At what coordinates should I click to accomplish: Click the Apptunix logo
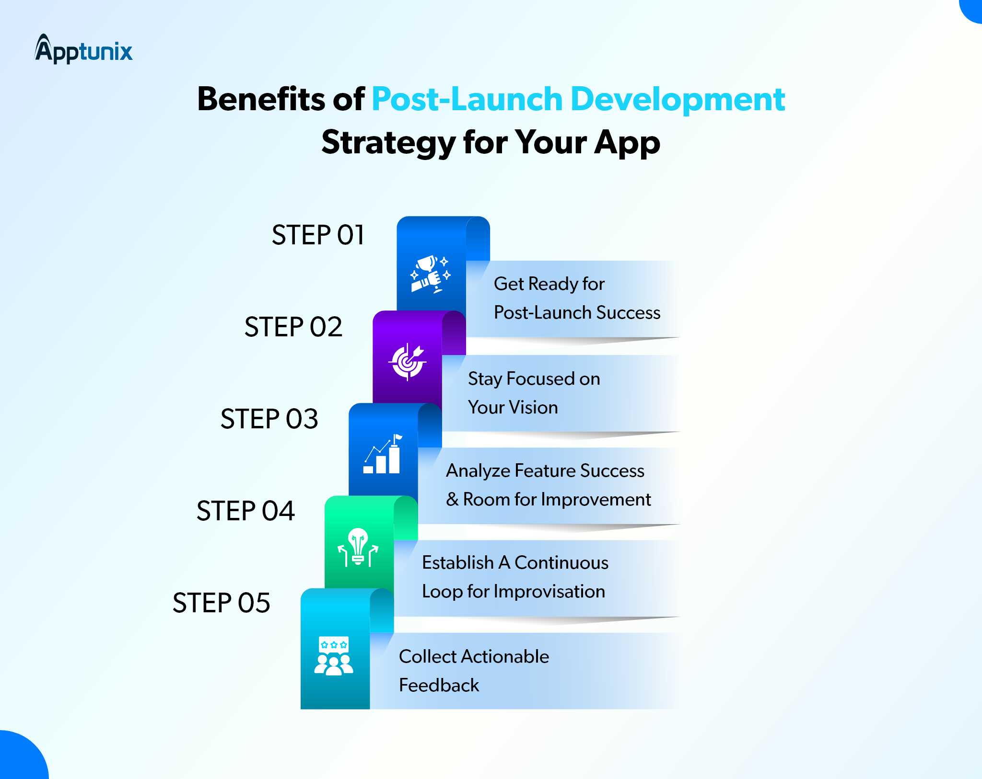click(x=83, y=49)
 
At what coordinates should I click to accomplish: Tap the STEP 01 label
click(x=318, y=235)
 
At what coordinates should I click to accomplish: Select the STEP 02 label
click(x=293, y=327)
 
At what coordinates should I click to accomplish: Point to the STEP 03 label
click(x=269, y=419)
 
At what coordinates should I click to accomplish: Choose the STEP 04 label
click(x=245, y=511)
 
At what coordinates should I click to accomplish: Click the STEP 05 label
click(x=222, y=603)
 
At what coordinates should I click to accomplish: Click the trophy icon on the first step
click(x=431, y=274)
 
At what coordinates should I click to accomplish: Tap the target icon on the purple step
click(x=407, y=362)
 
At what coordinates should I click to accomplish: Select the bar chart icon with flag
click(x=383, y=454)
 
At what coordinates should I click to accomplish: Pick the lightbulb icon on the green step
click(x=358, y=547)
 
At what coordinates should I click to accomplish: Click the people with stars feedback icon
click(x=334, y=656)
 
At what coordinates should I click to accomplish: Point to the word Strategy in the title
click(x=388, y=143)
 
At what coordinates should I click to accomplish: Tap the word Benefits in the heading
click(x=261, y=99)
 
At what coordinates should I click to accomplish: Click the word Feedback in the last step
click(x=439, y=685)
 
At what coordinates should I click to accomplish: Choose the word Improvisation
click(x=549, y=592)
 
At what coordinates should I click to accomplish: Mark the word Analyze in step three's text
click(x=478, y=471)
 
